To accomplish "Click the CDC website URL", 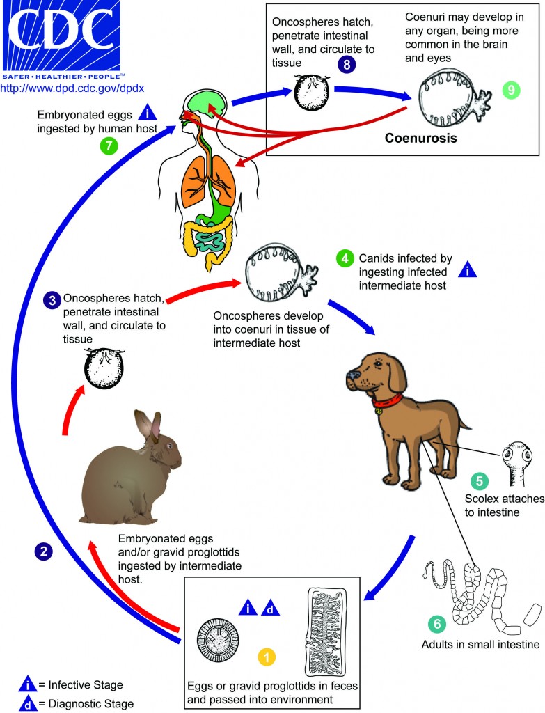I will coord(73,89).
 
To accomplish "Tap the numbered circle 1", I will coord(267,656).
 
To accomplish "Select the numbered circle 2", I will coord(44,551).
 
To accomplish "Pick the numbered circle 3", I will coord(51,300).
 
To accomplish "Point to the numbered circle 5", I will coord(477,481).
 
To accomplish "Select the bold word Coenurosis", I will coord(420,138).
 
